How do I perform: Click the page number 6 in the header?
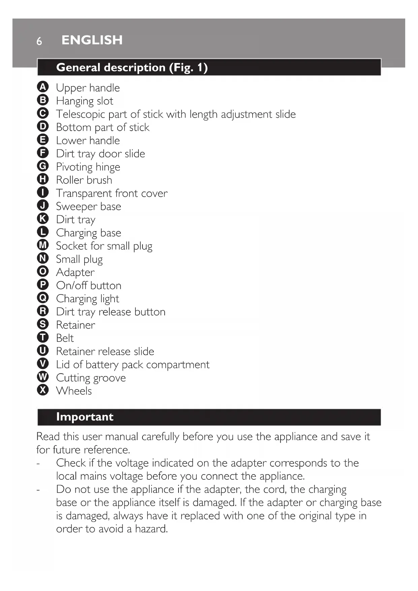click(39, 41)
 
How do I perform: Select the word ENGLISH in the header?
click(92, 40)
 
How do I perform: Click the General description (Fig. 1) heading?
click(132, 67)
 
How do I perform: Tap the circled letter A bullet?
click(43, 87)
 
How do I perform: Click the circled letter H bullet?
click(43, 179)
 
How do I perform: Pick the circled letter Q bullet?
click(43, 298)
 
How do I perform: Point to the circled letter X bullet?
click(43, 390)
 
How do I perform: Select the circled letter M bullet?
click(43, 245)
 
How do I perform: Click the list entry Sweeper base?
click(88, 206)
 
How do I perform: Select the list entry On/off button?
click(89, 285)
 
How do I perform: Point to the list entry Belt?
click(65, 338)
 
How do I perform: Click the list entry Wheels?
click(74, 391)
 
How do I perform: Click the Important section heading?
click(85, 417)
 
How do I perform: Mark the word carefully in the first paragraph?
click(160, 437)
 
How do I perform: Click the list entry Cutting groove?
click(91, 378)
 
